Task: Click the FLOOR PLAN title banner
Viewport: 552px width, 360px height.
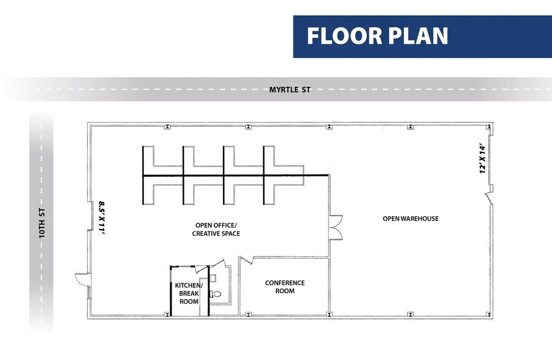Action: (422, 37)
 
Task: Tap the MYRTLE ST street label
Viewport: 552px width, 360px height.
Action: (290, 90)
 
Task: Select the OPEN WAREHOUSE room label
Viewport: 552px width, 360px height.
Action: (410, 219)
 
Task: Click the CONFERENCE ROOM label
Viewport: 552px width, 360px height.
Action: (284, 287)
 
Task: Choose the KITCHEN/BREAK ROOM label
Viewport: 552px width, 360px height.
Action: (188, 293)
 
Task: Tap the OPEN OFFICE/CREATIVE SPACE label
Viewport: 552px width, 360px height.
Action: (216, 229)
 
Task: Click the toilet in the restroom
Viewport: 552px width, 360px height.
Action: (216, 294)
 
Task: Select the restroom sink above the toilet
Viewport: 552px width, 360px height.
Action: (213, 277)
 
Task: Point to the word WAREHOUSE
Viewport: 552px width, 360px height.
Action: (420, 219)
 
